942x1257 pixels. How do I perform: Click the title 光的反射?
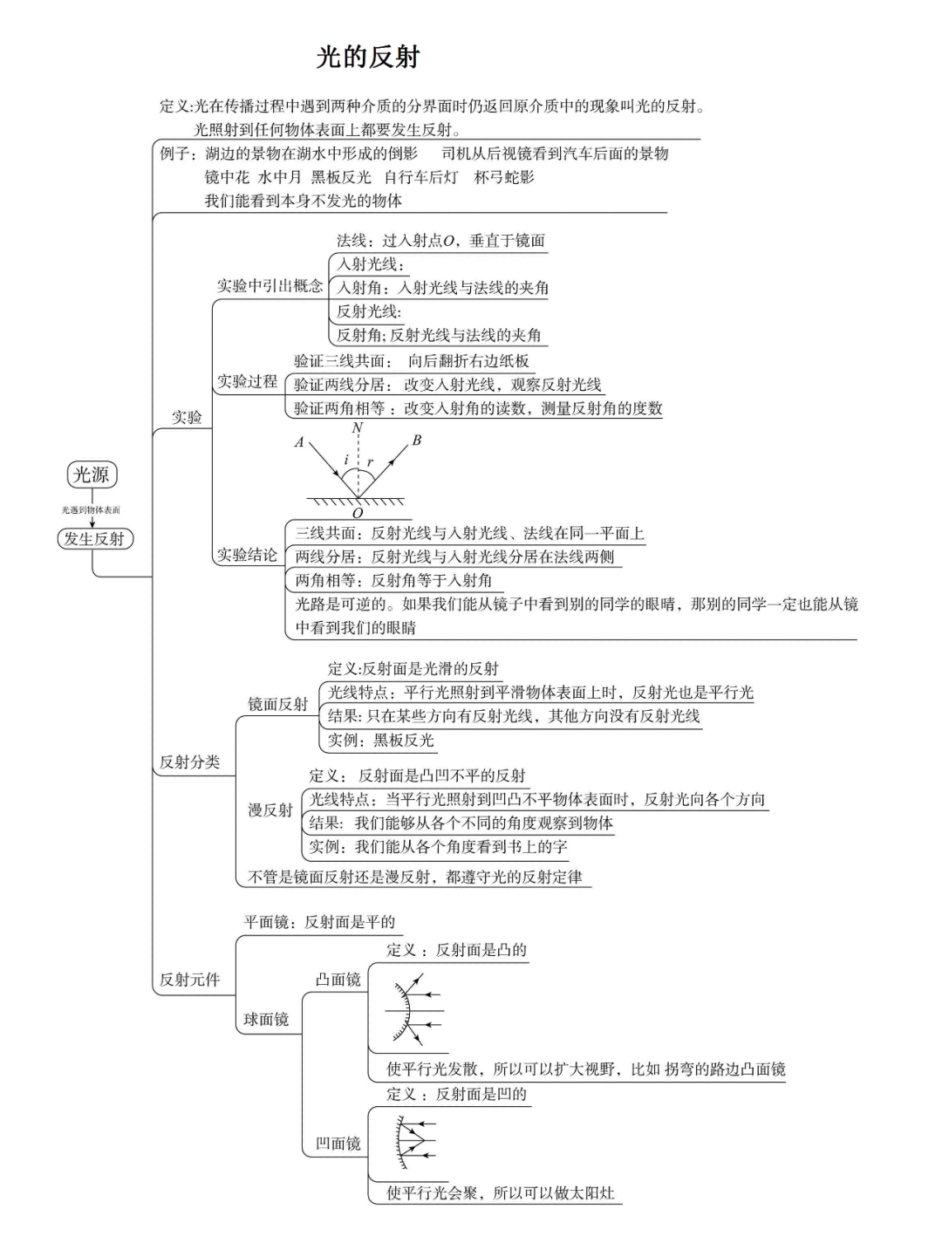[368, 58]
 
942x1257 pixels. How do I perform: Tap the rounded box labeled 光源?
[92, 475]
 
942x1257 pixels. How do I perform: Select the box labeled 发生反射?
[94, 539]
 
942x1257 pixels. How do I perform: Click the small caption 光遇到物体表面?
[91, 509]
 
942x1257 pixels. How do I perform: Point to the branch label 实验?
[187, 417]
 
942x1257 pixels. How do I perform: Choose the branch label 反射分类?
[189, 762]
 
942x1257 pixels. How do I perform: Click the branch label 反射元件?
[189, 980]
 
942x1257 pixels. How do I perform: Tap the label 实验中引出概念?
[270, 286]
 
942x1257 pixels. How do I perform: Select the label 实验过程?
[247, 381]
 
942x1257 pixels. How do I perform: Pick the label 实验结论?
[247, 555]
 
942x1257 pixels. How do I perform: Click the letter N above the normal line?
[357, 427]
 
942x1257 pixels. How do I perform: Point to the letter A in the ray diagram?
[299, 442]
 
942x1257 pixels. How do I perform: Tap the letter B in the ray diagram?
[416, 441]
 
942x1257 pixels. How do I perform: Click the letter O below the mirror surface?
[357, 514]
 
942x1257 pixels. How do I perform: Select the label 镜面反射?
[277, 704]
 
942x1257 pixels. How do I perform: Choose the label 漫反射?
[270, 810]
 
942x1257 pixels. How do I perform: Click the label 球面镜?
[266, 1019]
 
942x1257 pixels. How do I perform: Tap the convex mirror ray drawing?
[413, 1011]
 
